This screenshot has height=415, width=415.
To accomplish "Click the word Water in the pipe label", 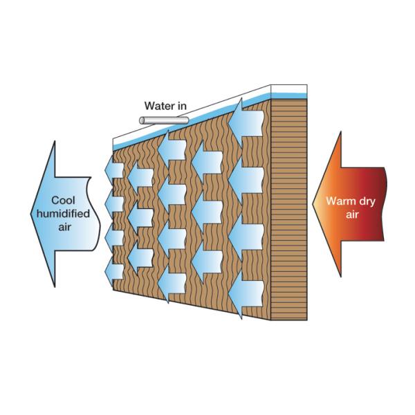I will coord(158,106).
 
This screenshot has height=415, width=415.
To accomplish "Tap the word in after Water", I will coord(181,106).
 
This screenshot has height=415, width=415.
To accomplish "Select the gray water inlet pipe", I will coord(164,120).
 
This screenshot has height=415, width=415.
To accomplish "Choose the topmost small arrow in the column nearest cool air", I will coord(113,168).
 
